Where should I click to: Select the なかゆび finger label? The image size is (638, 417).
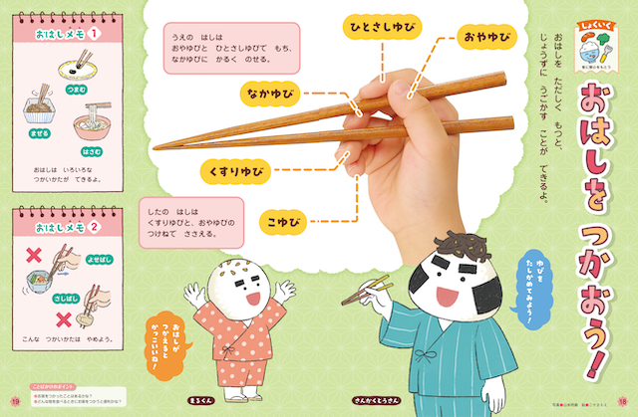pos(272,94)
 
